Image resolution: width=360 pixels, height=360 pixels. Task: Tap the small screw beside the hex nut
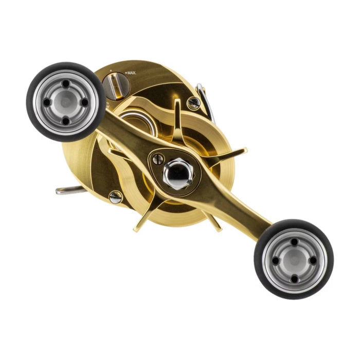(x=158, y=159)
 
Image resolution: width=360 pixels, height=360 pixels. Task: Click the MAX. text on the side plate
(x=132, y=73)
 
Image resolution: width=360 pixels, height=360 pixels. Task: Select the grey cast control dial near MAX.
(x=116, y=86)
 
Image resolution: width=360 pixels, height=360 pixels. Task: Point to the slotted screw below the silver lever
(x=194, y=103)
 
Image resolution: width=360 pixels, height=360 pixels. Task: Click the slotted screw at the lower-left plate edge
(x=116, y=197)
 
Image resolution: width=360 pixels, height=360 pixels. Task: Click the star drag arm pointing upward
(x=177, y=119)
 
